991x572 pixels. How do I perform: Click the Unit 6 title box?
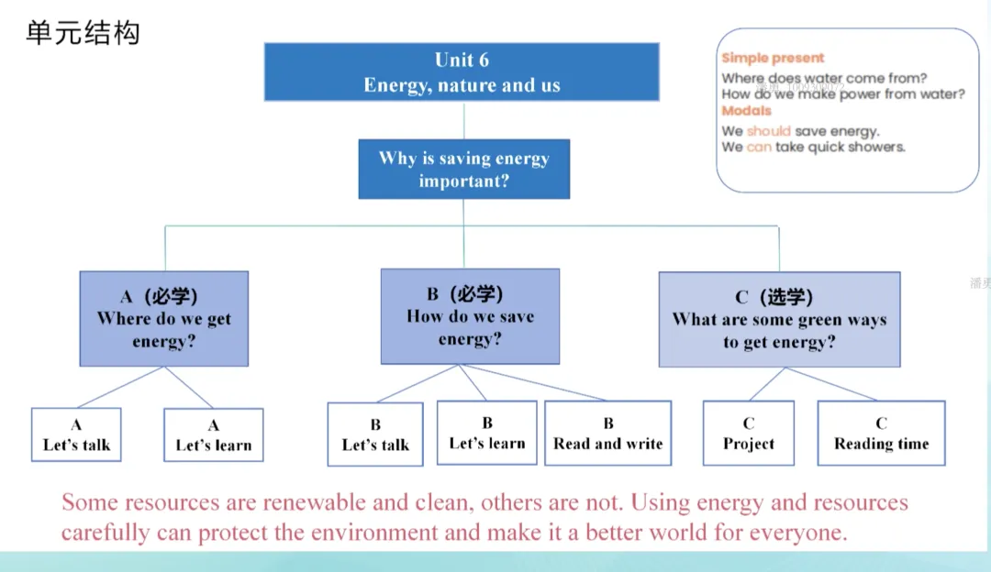coord(462,72)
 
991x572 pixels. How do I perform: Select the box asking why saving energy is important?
coord(464,170)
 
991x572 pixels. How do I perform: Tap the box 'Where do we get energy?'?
coord(163,319)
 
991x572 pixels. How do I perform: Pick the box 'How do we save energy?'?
coord(470,316)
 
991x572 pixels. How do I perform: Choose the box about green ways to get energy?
coord(779,320)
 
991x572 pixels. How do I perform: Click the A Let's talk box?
coord(76,434)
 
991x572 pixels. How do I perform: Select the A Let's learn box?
coord(214,435)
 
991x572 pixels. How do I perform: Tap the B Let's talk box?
coord(375,434)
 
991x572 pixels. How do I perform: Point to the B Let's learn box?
coord(486,433)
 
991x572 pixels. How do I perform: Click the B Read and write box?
coord(608,433)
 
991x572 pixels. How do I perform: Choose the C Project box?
coord(749,433)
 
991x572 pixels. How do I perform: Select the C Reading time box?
coord(881,433)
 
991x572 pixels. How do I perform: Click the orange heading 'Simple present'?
coord(773,58)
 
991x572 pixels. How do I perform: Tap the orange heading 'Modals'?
coord(746,111)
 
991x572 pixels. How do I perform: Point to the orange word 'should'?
coord(769,131)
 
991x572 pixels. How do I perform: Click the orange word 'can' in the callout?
coord(759,147)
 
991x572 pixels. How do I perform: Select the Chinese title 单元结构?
coord(83,33)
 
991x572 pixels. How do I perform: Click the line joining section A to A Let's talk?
coord(120,387)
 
